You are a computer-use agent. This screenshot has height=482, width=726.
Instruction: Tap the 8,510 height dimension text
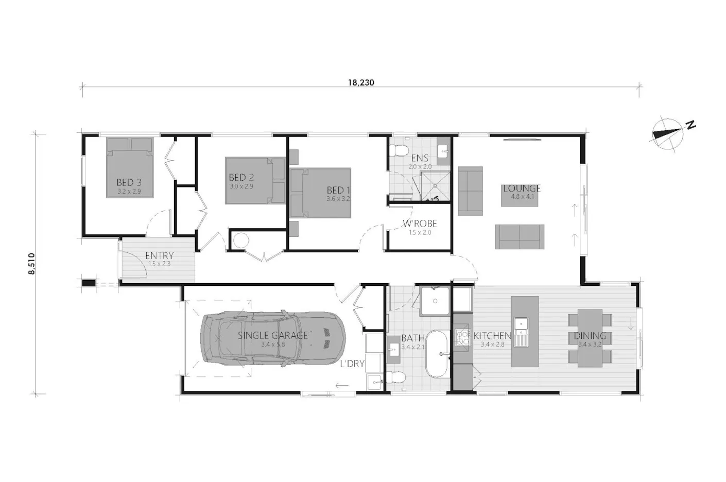(32, 264)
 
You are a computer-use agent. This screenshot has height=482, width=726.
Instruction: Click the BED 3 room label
(129, 182)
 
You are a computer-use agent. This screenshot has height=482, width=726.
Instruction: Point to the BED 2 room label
(241, 178)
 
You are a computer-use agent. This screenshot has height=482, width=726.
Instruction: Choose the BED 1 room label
(338, 190)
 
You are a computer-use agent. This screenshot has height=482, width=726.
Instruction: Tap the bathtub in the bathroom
(438, 354)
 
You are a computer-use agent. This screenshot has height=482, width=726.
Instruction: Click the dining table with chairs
(590, 338)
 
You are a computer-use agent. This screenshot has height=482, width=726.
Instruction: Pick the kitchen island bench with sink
(525, 331)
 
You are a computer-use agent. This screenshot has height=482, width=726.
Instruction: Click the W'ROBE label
(420, 223)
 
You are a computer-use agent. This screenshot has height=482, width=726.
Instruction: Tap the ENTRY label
(159, 255)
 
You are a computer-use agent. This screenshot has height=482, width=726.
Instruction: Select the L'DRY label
(352, 364)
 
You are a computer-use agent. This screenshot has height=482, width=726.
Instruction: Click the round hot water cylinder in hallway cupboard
(240, 241)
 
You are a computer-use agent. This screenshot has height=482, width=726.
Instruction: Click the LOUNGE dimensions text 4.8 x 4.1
(522, 196)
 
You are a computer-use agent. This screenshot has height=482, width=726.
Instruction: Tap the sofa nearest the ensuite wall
(470, 191)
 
